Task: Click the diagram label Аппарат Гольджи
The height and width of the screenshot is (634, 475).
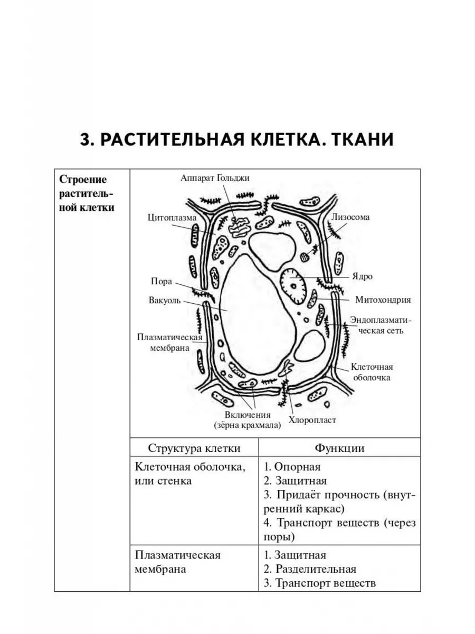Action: [215, 178]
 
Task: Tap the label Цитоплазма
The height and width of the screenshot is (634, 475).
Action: [172, 218]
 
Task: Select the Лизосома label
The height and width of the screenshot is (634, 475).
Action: [350, 217]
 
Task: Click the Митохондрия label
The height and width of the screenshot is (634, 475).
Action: [376, 300]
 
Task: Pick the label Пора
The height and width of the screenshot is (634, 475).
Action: [161, 282]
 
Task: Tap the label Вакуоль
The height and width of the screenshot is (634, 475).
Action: [165, 301]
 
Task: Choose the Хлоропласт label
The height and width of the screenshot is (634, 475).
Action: [312, 421]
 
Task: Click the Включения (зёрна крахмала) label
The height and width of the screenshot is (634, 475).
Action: [247, 420]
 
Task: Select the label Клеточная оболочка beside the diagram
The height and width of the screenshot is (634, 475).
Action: [372, 372]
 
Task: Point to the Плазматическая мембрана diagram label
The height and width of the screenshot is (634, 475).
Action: [163, 342]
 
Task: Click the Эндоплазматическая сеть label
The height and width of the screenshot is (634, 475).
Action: [377, 326]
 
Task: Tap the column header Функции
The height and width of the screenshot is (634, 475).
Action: [339, 449]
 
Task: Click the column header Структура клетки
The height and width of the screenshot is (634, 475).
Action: [194, 449]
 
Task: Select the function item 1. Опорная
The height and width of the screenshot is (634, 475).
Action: [292, 467]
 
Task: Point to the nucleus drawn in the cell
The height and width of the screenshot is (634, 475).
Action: [293, 286]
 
